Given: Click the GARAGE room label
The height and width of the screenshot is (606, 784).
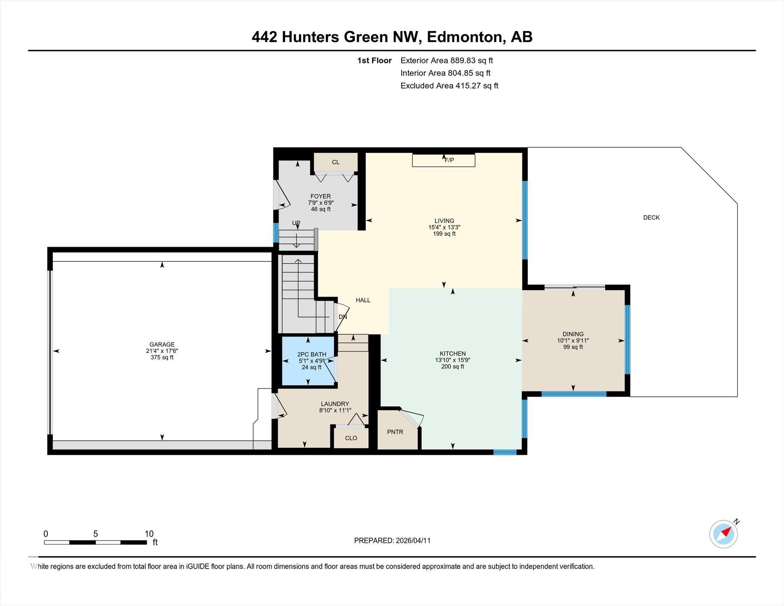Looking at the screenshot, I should [x=162, y=344].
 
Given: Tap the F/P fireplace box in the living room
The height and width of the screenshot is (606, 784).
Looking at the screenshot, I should [x=443, y=160].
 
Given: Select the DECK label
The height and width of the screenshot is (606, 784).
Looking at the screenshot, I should [x=651, y=217].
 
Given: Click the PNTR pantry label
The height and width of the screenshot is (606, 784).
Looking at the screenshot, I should [x=395, y=432].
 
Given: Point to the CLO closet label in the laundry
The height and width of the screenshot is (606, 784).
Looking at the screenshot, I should [x=351, y=438].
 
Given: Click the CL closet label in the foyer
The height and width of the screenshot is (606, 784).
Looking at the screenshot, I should [x=335, y=162].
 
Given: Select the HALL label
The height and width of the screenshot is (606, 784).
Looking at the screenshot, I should [x=363, y=300].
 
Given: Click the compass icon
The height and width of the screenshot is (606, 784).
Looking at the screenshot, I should [x=723, y=534].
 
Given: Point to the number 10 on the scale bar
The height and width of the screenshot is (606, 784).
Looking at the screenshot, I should [x=149, y=534].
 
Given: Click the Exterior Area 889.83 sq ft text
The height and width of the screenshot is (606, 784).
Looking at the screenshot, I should [x=446, y=60].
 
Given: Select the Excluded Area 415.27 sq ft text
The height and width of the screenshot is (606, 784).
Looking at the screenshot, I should [x=449, y=86].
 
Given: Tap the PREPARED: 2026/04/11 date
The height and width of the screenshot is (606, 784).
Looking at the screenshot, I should [x=392, y=541].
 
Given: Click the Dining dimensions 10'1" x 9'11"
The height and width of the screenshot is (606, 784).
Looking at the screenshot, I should [x=573, y=340].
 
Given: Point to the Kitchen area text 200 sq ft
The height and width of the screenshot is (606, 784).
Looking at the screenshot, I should [x=452, y=366].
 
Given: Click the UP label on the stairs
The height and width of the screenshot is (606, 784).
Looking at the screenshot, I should [x=296, y=223].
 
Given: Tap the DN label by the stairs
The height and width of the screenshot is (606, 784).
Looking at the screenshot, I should [x=343, y=317].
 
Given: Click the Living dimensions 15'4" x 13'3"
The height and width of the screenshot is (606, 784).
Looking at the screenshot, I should [x=444, y=227].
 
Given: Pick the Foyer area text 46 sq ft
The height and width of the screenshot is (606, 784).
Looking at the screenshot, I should [x=320, y=209].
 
